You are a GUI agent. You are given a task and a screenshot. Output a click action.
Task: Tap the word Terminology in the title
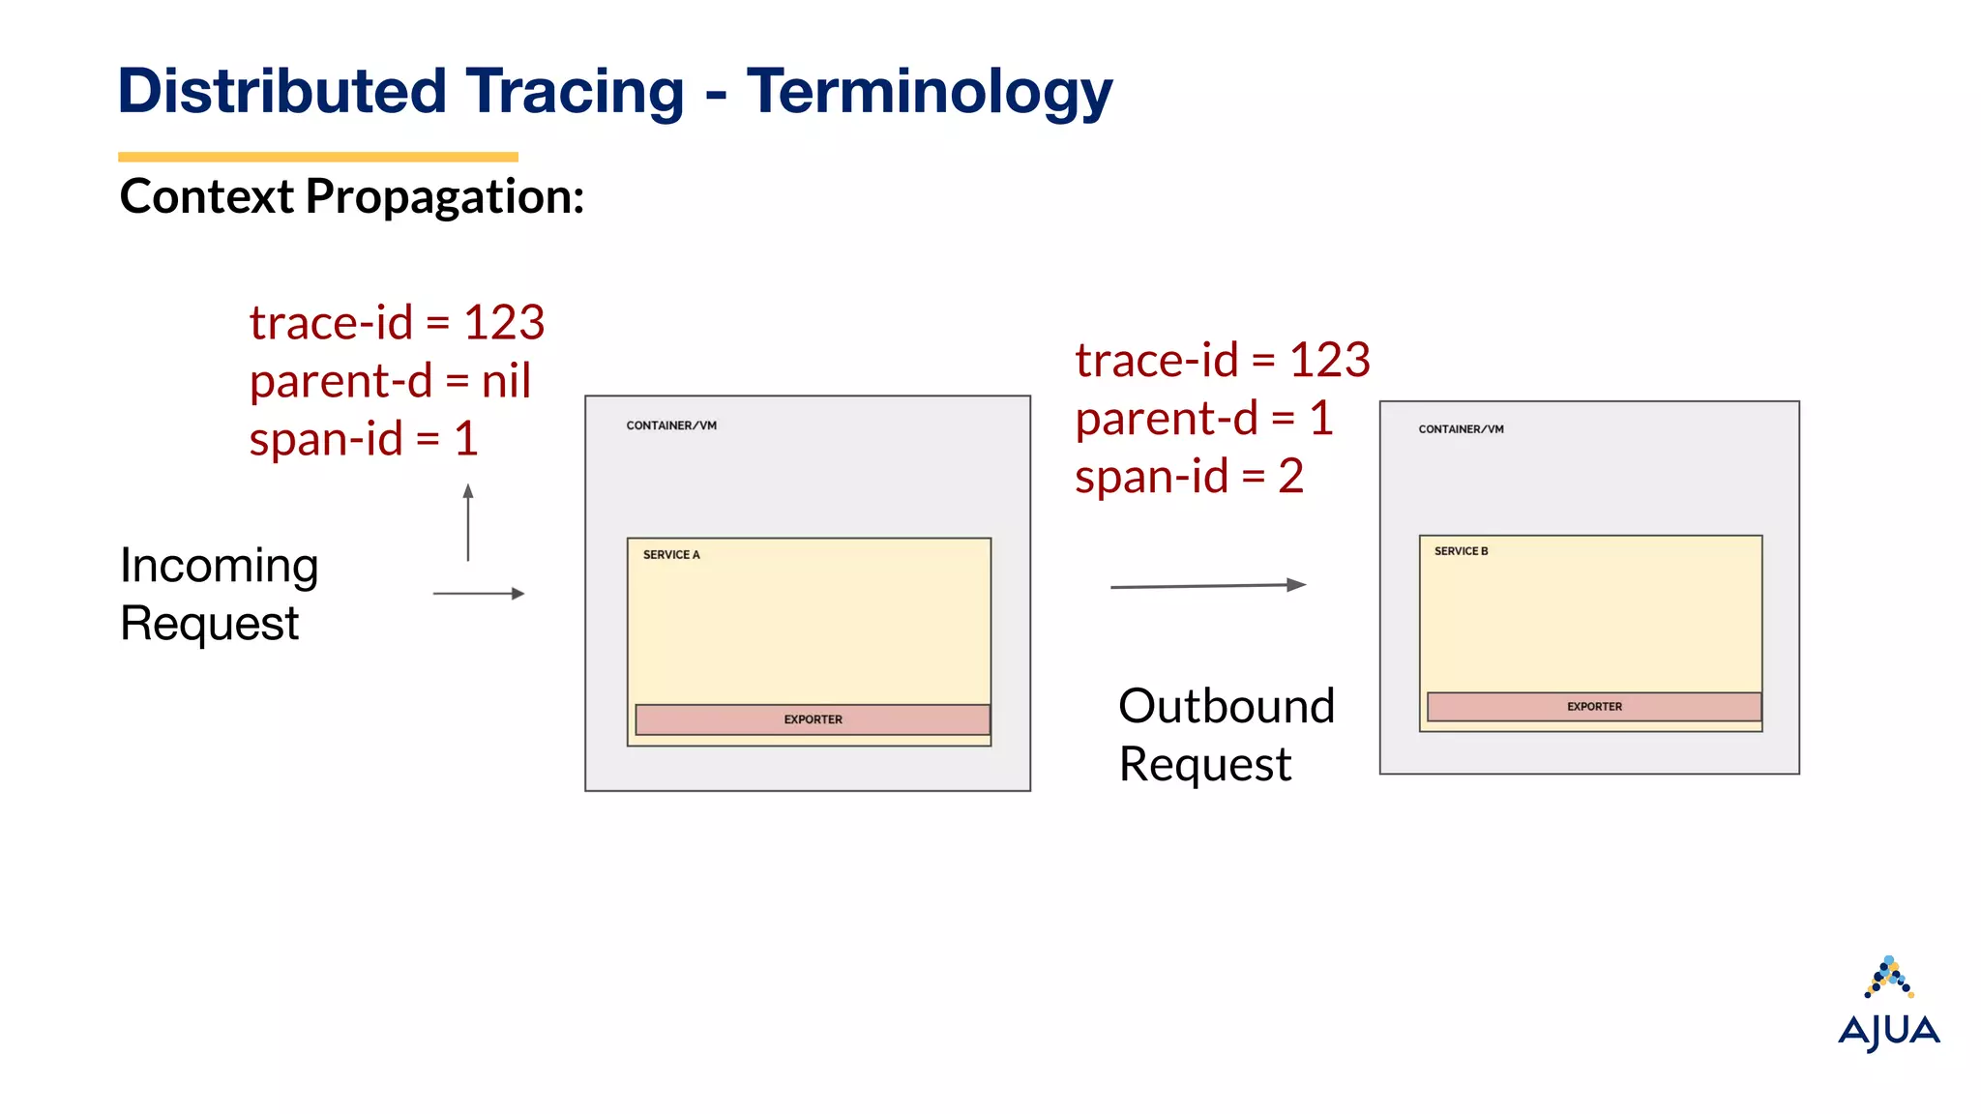click(x=929, y=93)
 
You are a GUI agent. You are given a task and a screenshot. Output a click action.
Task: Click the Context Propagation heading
click(x=352, y=197)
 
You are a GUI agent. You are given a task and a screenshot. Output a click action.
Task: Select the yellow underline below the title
click(x=317, y=157)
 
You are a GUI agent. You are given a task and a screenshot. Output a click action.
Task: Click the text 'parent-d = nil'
click(x=390, y=381)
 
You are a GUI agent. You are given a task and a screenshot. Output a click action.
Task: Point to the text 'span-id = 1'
click(x=364, y=439)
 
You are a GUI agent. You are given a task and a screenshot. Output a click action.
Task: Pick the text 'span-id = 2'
click(x=1189, y=477)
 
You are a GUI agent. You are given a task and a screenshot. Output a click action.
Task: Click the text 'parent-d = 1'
click(x=1204, y=419)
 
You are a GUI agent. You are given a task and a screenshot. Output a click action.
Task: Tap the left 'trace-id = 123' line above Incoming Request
click(x=397, y=323)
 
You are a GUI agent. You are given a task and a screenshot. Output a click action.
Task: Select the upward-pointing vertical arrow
click(x=468, y=522)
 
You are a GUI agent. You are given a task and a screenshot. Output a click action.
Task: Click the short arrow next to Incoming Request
click(x=479, y=594)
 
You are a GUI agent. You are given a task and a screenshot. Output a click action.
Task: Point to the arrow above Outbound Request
click(x=1208, y=585)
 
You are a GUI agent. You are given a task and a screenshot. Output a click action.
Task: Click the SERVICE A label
click(x=671, y=555)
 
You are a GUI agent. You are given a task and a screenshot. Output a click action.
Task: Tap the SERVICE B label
click(x=1461, y=551)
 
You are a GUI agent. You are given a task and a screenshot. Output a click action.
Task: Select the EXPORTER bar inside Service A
click(x=813, y=719)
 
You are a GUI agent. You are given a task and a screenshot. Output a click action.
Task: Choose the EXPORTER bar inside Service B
click(x=1594, y=707)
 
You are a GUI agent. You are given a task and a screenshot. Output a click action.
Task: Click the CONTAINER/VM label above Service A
click(x=671, y=425)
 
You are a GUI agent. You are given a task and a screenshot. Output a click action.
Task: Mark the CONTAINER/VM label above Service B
click(x=1461, y=429)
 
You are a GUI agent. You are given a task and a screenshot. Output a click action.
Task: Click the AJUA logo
click(x=1888, y=1006)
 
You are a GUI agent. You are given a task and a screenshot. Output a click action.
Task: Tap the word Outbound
click(x=1227, y=707)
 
